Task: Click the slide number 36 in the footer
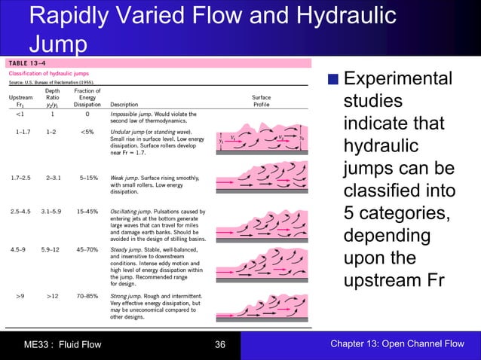[220, 345]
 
